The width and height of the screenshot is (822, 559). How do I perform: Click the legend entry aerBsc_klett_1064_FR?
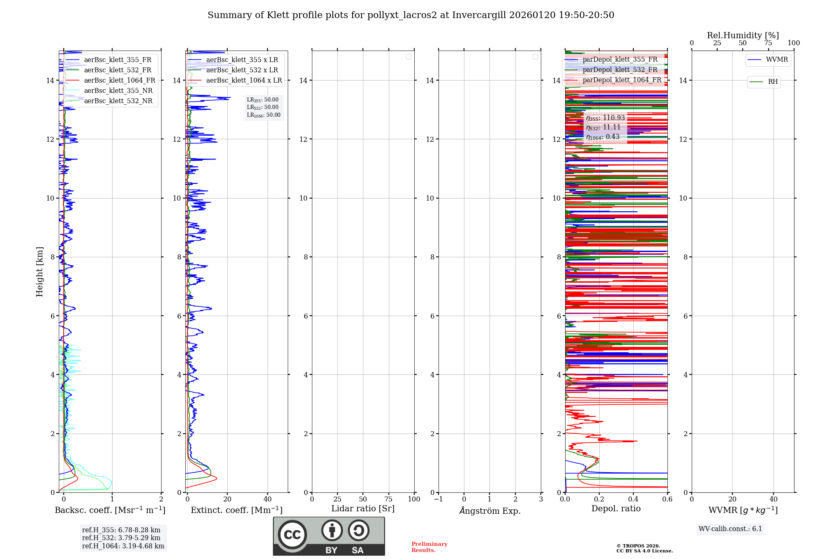(x=120, y=81)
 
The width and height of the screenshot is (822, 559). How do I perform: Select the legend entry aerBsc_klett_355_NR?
(x=118, y=91)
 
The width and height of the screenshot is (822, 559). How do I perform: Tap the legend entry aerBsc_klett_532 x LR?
(x=242, y=70)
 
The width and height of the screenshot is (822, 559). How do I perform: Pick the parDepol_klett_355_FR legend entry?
(x=620, y=60)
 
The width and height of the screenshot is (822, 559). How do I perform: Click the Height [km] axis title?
(x=39, y=272)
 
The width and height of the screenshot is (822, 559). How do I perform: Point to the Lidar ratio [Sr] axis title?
(x=363, y=509)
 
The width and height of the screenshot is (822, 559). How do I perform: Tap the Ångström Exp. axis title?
(x=490, y=511)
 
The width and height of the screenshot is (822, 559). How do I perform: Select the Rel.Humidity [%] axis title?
(x=743, y=35)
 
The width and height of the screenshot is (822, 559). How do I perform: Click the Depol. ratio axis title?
(x=616, y=509)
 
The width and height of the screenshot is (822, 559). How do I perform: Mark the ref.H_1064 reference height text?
(x=123, y=546)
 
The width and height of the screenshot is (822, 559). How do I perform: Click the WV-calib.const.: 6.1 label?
(x=730, y=529)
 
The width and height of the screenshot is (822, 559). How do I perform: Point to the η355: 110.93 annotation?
(x=605, y=118)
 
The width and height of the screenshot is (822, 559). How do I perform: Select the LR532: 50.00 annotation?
(x=263, y=107)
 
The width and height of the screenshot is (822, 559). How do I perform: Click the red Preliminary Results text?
(x=429, y=547)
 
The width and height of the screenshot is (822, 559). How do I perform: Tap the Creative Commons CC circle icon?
(x=292, y=535)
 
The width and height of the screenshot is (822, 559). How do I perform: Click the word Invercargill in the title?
(x=479, y=15)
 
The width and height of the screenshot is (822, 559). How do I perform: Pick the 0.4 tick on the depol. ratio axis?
(x=633, y=499)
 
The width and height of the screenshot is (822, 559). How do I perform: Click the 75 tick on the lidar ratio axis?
(x=388, y=499)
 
